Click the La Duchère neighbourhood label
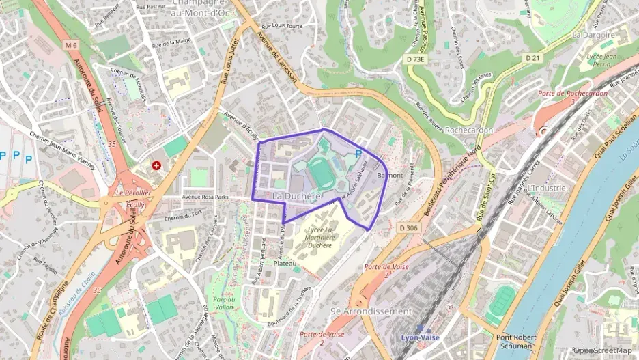[x=296, y=197]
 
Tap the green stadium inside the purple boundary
[x=319, y=172]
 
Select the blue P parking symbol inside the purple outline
[x=358, y=154]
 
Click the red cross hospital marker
[x=158, y=166]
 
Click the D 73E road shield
[x=415, y=59]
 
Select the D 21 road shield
[x=533, y=57]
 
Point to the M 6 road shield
[x=72, y=45]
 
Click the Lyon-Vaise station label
[x=419, y=338]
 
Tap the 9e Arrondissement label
[x=371, y=311]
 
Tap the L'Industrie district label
[x=547, y=188]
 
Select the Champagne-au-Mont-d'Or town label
[x=203, y=8]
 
